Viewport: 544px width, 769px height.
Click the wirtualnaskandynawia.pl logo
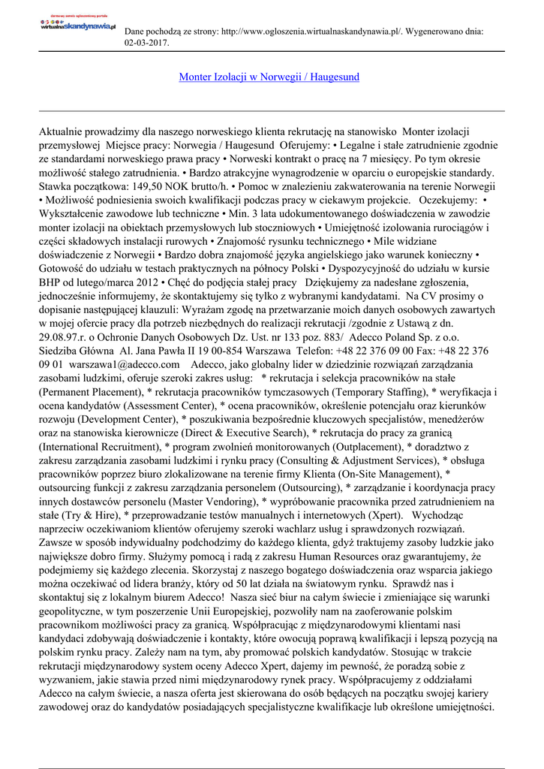pos(78,25)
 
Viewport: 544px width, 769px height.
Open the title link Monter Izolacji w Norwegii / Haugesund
pos(269,77)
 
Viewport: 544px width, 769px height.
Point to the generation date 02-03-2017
pos(146,43)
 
